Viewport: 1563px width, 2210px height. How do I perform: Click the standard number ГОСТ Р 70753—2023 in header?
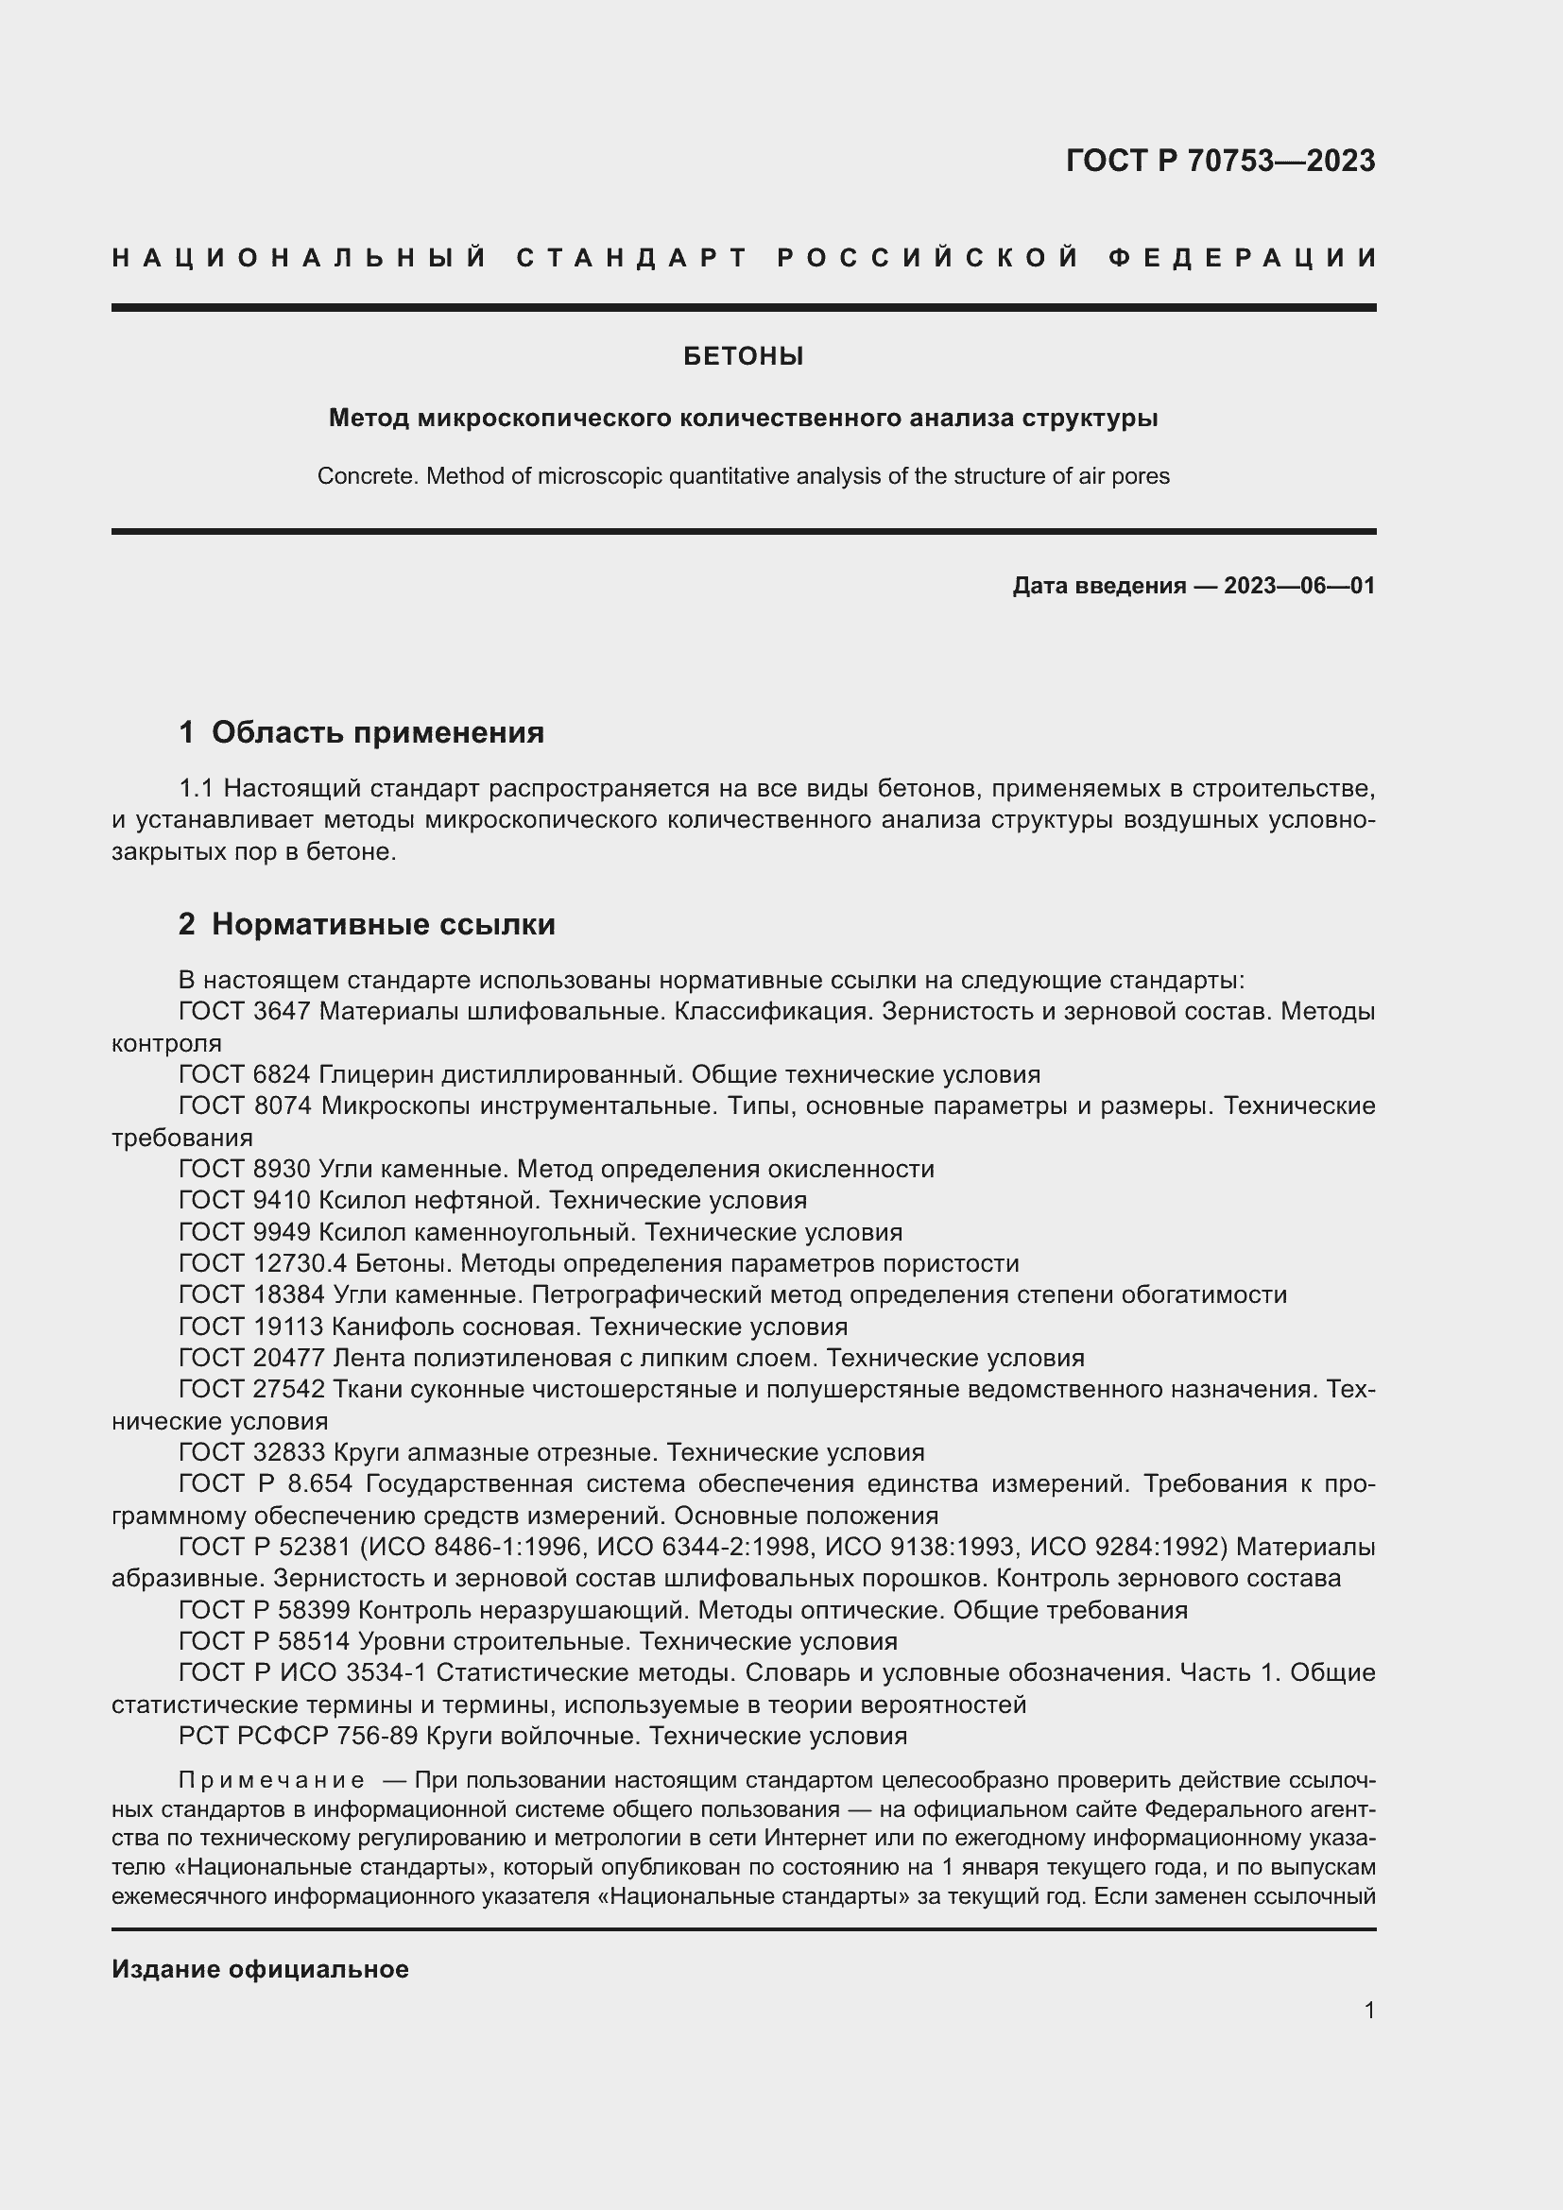[1219, 161]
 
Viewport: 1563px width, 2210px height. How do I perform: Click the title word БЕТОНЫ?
[743, 357]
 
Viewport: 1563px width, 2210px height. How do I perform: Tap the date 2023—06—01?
[1299, 585]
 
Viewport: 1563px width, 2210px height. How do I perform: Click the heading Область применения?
[377, 732]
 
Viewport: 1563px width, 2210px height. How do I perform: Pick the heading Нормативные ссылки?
[383, 924]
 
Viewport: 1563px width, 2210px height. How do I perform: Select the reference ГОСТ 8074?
[246, 1106]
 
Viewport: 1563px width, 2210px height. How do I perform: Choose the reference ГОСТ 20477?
[251, 1358]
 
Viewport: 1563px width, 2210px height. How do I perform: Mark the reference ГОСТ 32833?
[251, 1452]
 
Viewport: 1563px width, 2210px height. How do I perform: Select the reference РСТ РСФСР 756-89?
[299, 1736]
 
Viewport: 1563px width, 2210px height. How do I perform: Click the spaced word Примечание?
[271, 1780]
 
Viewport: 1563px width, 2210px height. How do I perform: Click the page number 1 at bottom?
[1369, 2010]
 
